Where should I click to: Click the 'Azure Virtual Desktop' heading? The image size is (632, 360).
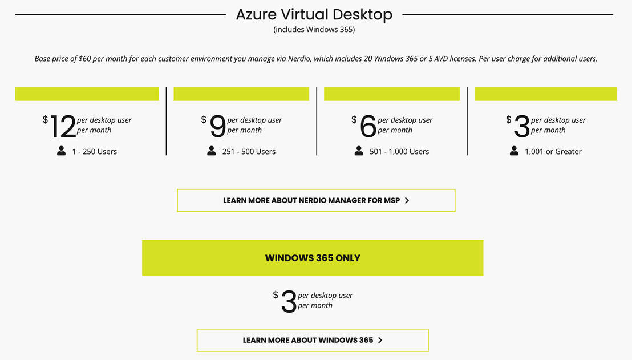[x=314, y=15]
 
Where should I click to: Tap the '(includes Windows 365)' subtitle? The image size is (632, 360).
[x=314, y=30]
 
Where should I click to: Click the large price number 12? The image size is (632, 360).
[x=63, y=126]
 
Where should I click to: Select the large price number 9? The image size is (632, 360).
[x=218, y=126]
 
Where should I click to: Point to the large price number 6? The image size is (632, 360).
[x=368, y=126]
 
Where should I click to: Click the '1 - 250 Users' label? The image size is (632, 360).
[x=94, y=152]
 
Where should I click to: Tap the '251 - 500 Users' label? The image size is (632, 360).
[x=249, y=152]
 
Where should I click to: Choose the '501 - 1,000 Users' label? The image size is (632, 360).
[x=399, y=152]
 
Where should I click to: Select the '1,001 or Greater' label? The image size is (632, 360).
[x=553, y=152]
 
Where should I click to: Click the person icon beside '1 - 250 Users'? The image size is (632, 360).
[x=61, y=151]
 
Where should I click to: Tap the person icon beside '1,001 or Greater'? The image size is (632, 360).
[x=514, y=151]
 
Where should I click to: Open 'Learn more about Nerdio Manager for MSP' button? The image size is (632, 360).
[x=316, y=200]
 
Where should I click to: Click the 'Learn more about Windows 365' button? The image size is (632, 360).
[x=313, y=340]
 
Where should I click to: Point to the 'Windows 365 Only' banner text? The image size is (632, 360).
[x=313, y=258]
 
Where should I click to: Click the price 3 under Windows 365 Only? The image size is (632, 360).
[x=289, y=302]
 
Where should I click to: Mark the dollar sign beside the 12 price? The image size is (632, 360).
[x=45, y=119]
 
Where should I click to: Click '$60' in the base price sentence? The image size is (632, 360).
[x=84, y=59]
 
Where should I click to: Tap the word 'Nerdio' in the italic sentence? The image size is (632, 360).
[x=299, y=59]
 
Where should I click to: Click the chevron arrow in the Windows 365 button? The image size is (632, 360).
[x=380, y=340]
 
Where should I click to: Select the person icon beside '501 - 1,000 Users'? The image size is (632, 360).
[x=359, y=151]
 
